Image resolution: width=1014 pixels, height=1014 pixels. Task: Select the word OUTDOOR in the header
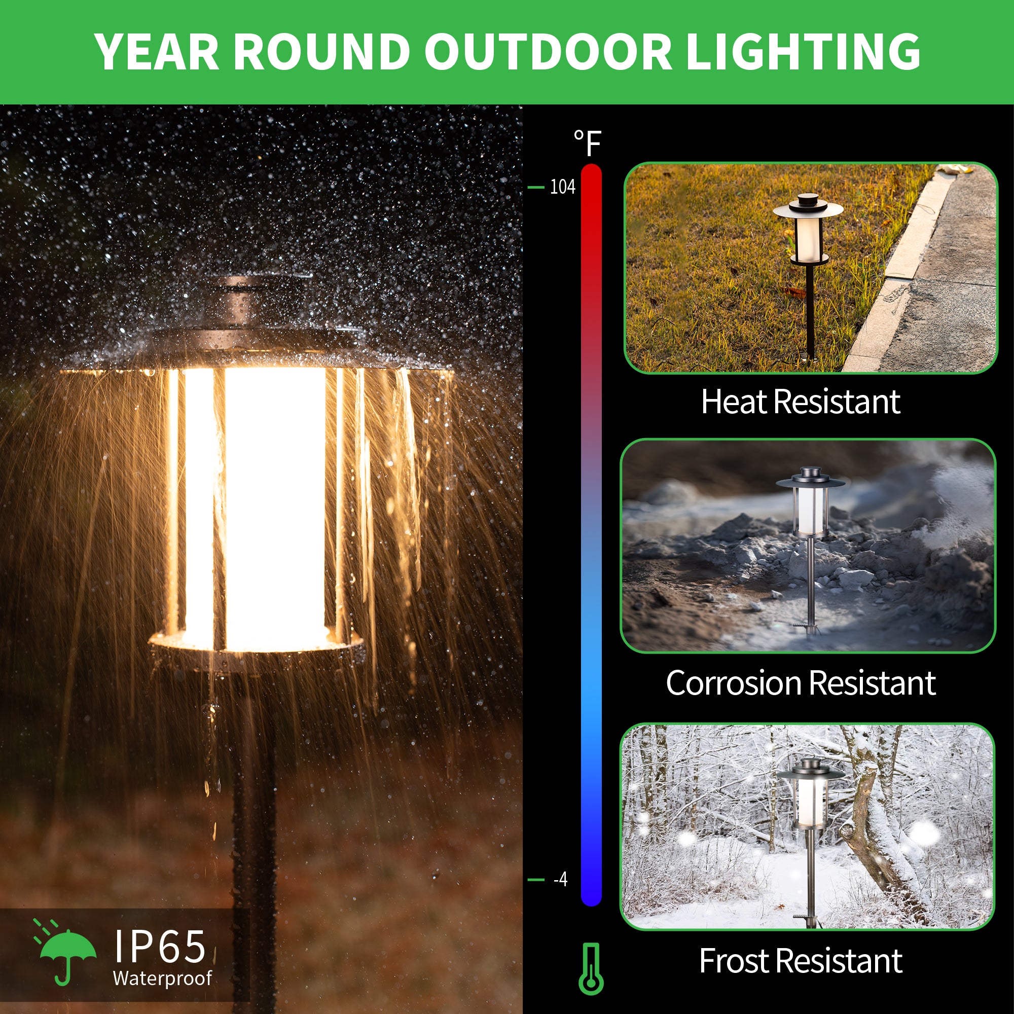[x=548, y=51]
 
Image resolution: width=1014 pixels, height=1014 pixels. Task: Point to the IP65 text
[x=160, y=946]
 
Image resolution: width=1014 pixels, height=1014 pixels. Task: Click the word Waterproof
[x=162, y=979]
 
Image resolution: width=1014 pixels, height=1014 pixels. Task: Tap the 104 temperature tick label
[x=562, y=188]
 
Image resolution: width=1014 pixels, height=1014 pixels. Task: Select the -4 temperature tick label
[x=561, y=879]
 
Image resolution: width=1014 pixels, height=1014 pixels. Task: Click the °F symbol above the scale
[x=587, y=143]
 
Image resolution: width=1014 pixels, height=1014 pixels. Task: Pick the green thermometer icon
[x=591, y=968]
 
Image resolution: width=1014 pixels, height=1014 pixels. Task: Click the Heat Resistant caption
[x=801, y=402]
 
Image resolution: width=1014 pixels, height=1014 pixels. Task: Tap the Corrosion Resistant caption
[x=801, y=683]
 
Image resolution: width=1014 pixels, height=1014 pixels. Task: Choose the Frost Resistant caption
[x=801, y=961]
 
